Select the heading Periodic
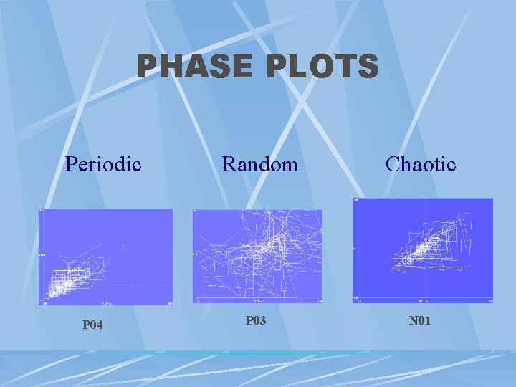[103, 164]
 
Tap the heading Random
[259, 164]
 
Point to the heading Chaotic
[420, 164]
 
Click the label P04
[92, 325]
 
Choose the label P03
[256, 320]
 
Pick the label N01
[420, 320]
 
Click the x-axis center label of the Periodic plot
[105, 303]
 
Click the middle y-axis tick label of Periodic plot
[42, 254]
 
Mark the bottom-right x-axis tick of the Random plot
[320, 302]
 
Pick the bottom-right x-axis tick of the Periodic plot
[170, 303]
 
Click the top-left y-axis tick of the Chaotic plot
[355, 200]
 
